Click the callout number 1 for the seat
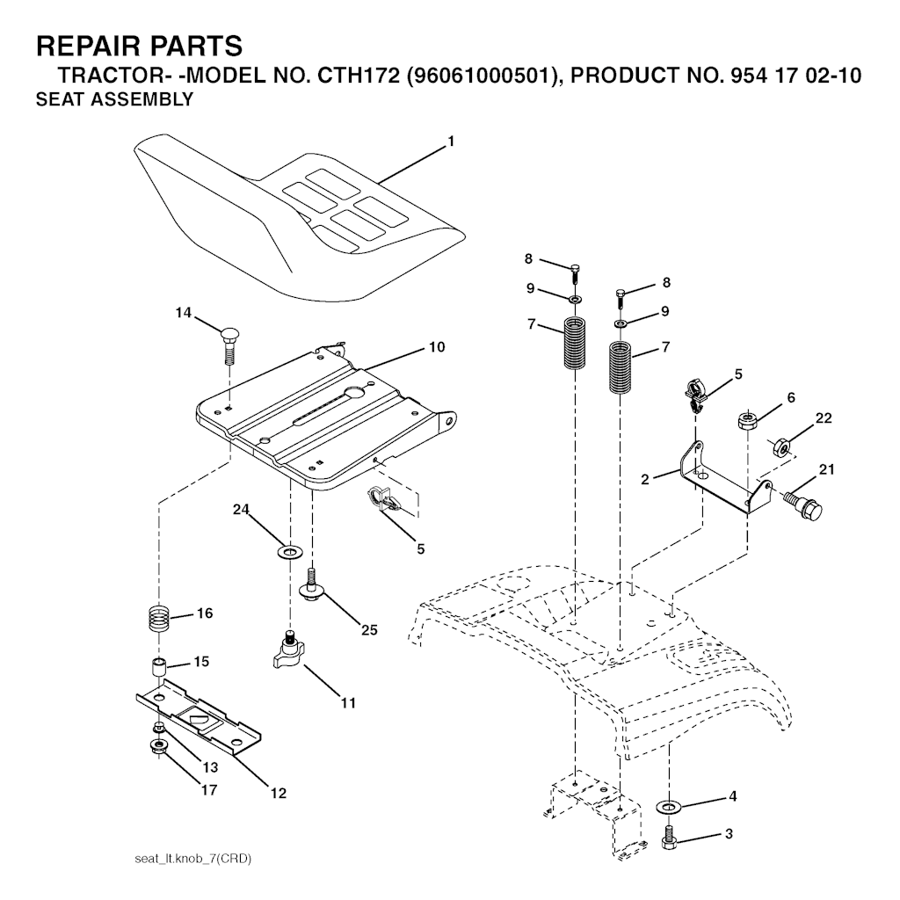point(451,142)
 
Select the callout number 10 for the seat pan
point(437,346)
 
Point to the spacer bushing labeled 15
point(158,669)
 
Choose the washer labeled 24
point(290,553)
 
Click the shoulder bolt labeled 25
point(312,585)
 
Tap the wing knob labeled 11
point(290,650)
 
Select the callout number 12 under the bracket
point(279,794)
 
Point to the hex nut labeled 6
point(748,421)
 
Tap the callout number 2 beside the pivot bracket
point(645,479)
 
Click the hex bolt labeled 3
point(668,837)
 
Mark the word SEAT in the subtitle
point(55,99)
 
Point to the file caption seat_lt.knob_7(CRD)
point(192,860)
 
